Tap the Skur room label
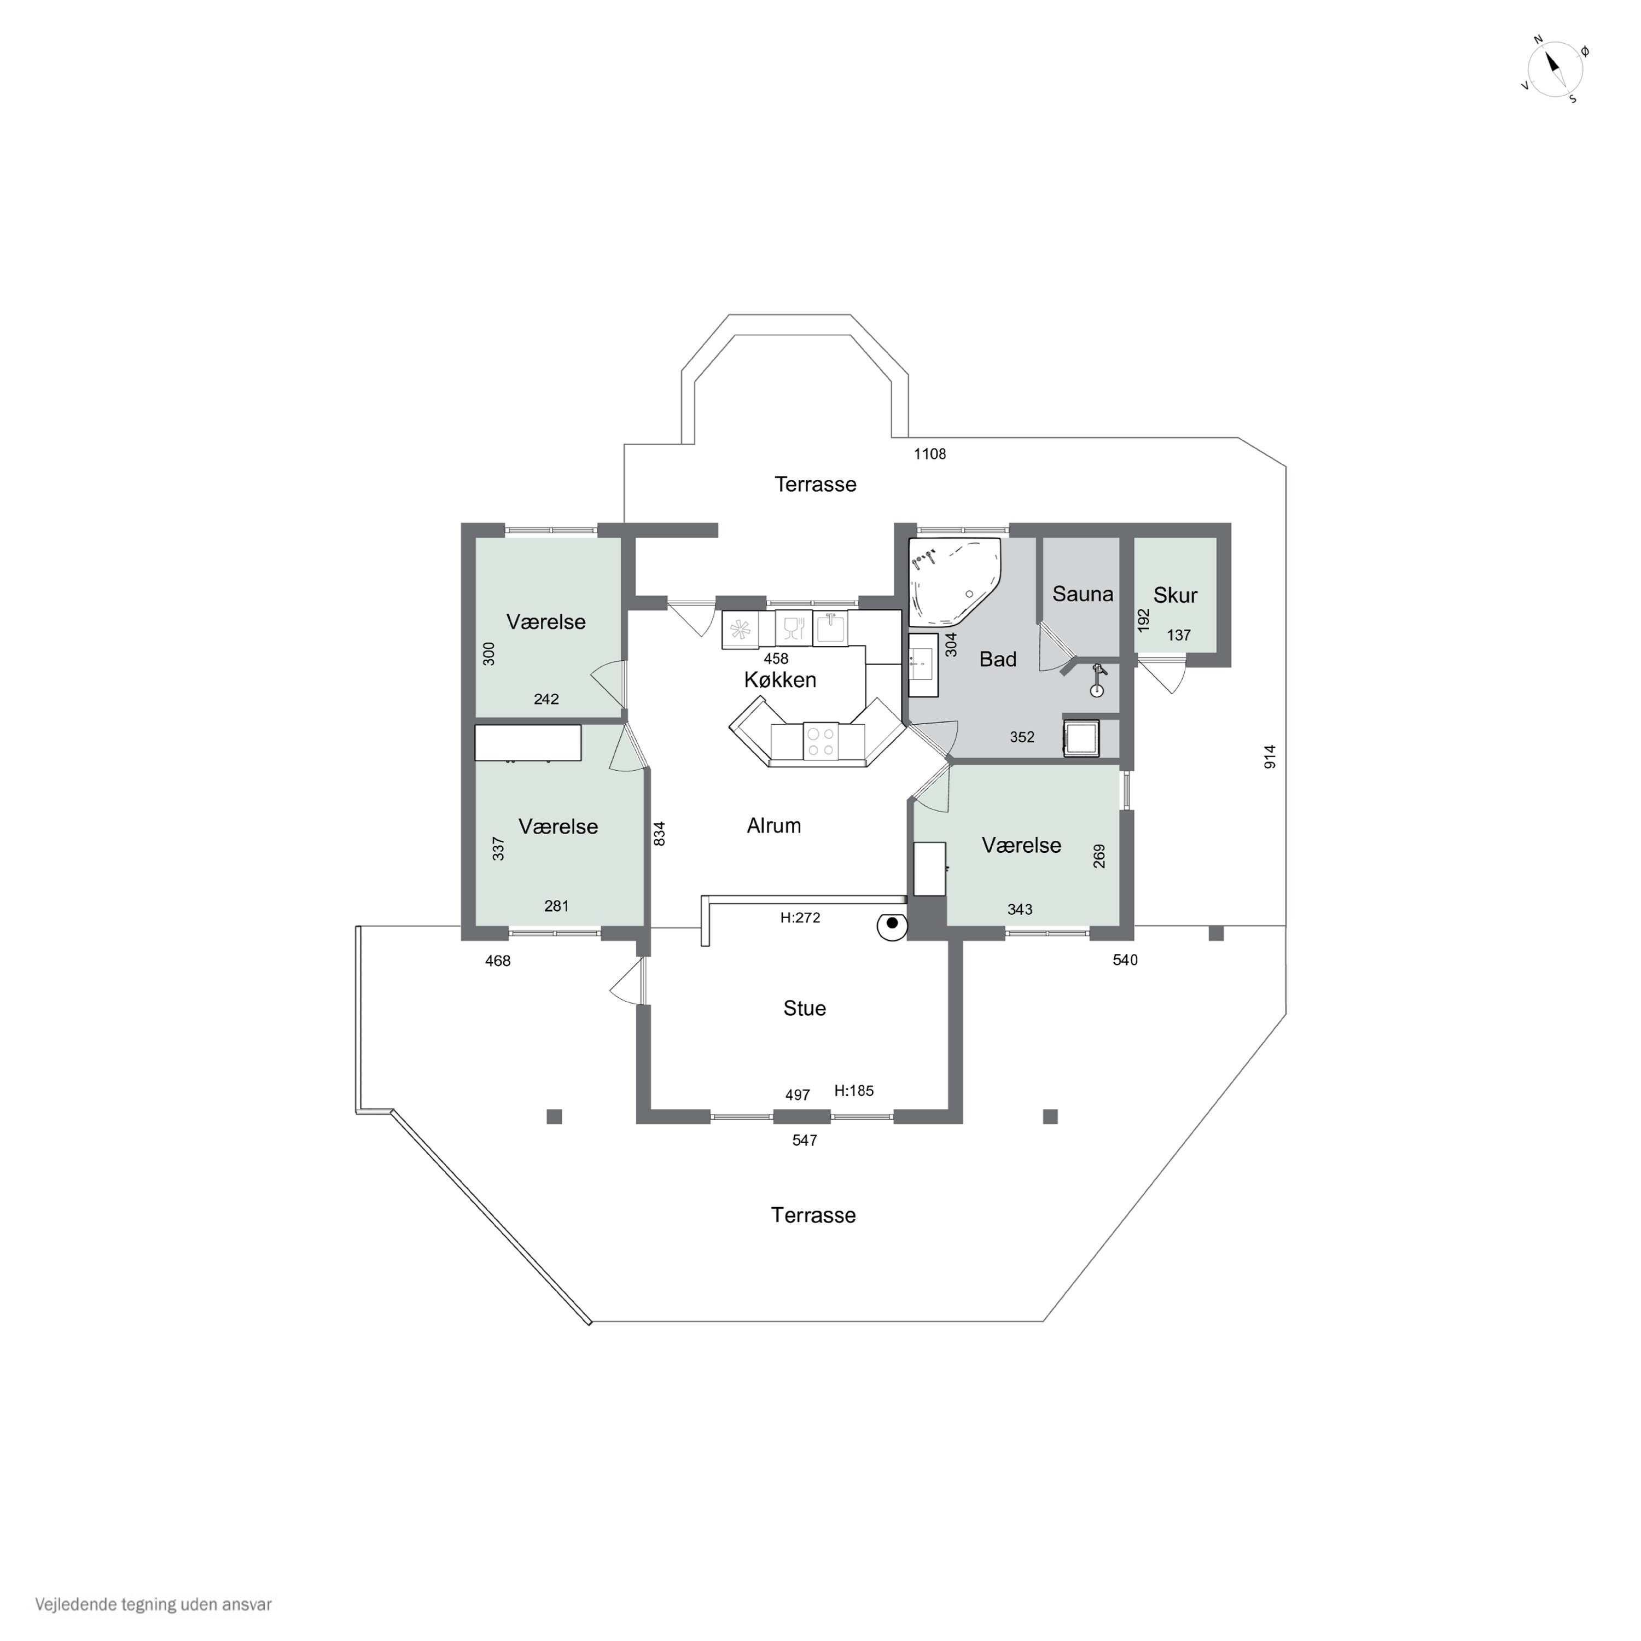tap(1175, 596)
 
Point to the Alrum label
tap(774, 825)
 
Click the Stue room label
tap(804, 1008)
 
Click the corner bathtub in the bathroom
tap(955, 581)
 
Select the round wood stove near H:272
tap(892, 927)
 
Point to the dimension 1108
tap(929, 455)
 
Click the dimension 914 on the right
tap(1270, 757)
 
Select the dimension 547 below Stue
tap(804, 1140)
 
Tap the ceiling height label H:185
tap(854, 1091)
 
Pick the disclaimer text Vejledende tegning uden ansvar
tap(154, 1604)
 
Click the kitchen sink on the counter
tap(831, 629)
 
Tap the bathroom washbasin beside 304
tap(922, 665)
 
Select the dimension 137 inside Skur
tap(1178, 635)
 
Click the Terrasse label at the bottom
tap(813, 1215)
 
